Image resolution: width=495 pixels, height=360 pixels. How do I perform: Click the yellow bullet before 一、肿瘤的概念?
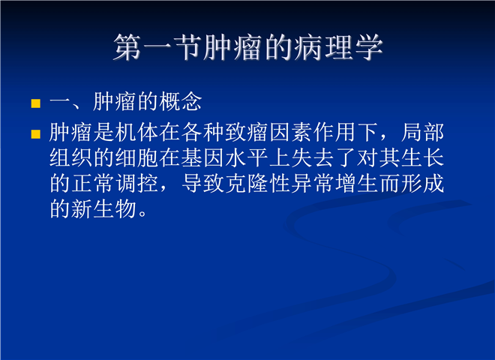point(36,103)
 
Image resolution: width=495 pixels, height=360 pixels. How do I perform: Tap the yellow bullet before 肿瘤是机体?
point(36,134)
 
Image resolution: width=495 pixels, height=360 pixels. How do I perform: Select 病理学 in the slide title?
point(338,48)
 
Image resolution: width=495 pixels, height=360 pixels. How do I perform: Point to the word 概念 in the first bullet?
point(180,102)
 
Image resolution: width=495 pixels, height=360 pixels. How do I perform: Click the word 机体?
point(136,132)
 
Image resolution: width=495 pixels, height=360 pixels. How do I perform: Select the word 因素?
point(291,132)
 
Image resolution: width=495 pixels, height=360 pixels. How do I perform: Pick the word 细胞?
point(136,157)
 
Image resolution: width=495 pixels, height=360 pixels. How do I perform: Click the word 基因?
point(203,157)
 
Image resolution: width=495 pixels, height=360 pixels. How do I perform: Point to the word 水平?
point(247,157)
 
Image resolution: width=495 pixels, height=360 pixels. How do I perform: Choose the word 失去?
point(313,157)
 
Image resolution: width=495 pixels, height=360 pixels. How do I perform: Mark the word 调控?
point(136,183)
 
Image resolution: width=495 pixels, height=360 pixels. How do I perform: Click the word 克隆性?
point(258,183)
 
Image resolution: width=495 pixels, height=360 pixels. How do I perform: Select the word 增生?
point(357,183)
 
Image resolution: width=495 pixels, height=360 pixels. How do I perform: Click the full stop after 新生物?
point(142,214)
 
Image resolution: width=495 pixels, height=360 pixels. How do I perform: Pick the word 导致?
point(203,183)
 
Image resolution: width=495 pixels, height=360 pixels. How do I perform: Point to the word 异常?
point(313,183)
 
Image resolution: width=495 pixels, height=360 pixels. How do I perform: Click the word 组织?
point(70,157)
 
